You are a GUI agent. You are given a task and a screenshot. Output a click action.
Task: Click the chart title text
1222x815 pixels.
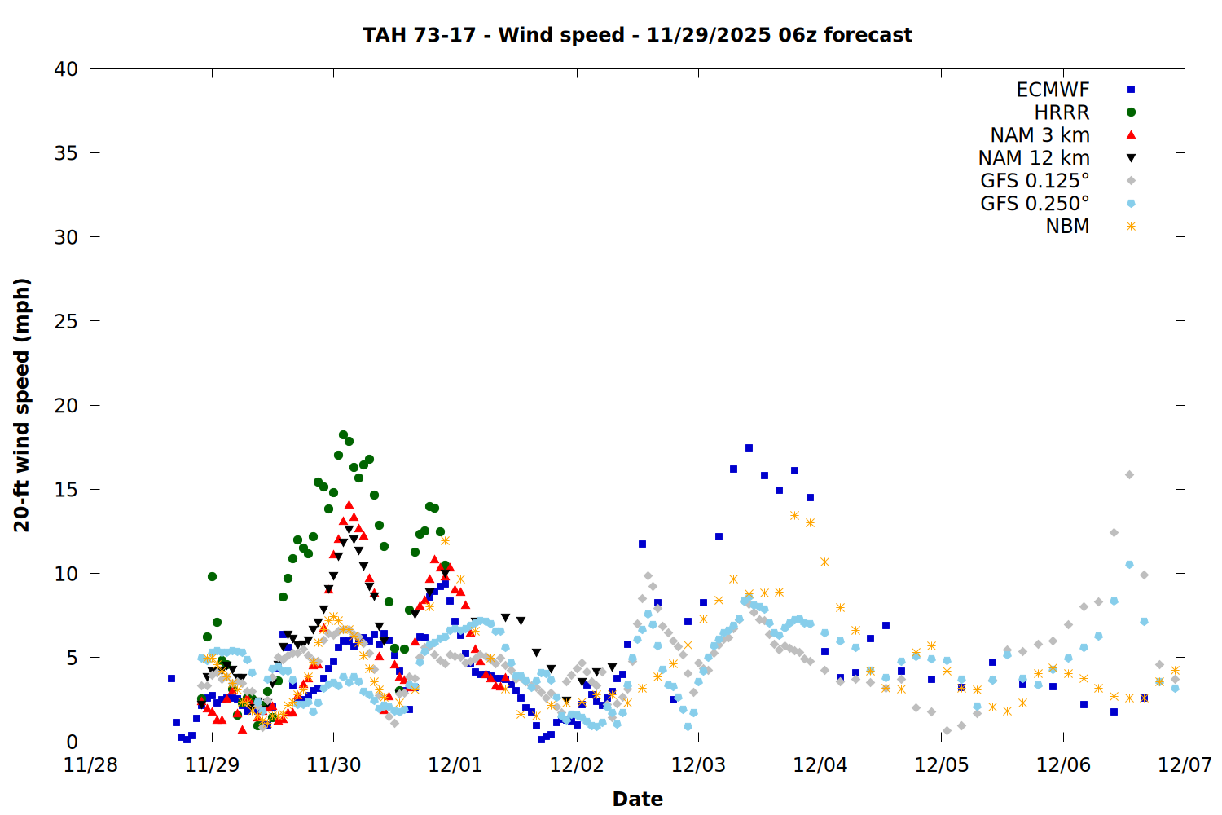click(637, 35)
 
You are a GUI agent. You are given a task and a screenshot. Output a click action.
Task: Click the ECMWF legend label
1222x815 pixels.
click(1053, 90)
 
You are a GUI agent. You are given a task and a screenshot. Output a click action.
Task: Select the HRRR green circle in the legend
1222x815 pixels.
click(1131, 112)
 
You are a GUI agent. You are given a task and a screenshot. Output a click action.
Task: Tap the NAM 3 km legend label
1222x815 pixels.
click(1040, 135)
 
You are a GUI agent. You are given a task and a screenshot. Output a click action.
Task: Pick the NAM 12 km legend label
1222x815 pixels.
click(1034, 158)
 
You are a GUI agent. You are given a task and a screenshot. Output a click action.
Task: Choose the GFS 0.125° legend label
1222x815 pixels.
click(1035, 181)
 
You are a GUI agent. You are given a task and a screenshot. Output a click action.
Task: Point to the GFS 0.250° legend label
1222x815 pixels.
click(1035, 204)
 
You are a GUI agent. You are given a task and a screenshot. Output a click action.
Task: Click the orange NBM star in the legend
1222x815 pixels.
click(1131, 227)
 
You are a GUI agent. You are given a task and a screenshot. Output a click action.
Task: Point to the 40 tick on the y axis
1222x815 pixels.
click(66, 69)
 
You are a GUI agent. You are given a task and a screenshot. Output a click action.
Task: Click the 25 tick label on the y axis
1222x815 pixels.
click(66, 321)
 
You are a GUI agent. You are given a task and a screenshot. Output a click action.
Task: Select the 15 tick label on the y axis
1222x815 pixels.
click(66, 489)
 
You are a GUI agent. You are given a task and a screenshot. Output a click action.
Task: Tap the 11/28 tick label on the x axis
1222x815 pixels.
click(90, 765)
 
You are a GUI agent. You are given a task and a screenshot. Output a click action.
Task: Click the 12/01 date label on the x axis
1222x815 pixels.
click(455, 765)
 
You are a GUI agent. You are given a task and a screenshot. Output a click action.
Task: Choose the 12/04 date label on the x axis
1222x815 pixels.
click(820, 765)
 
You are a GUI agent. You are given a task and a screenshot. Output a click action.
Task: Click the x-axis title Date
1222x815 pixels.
click(637, 799)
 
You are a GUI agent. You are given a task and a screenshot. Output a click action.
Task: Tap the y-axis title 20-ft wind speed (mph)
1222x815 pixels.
click(22, 405)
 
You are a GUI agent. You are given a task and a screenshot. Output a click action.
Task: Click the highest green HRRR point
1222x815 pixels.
click(343, 434)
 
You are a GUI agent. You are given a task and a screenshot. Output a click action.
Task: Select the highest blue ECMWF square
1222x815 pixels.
click(749, 447)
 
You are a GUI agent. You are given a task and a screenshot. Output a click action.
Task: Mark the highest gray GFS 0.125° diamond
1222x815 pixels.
click(1129, 474)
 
